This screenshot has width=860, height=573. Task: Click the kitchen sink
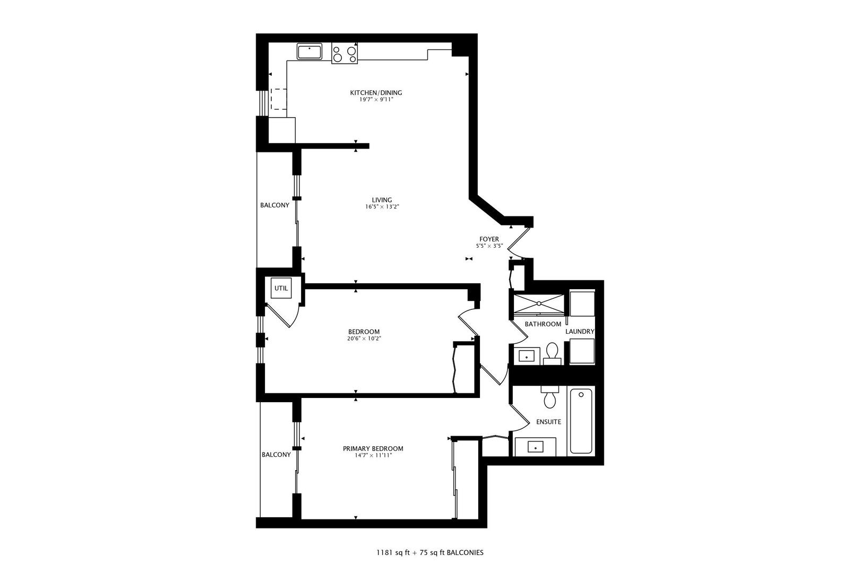[x=309, y=52]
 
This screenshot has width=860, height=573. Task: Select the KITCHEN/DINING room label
[x=376, y=93]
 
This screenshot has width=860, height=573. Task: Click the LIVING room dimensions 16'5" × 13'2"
[x=382, y=207]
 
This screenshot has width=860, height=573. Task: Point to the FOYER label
[x=489, y=239]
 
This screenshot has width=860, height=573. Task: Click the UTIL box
[x=281, y=289]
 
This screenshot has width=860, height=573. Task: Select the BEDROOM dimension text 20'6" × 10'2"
[x=364, y=338]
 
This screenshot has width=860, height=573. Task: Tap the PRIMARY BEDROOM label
[x=373, y=449]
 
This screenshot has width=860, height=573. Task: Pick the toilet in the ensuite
[x=549, y=397]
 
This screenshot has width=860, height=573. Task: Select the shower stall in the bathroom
[x=538, y=303]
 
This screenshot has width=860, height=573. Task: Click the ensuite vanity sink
[x=535, y=447]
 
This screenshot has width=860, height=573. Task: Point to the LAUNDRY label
[x=580, y=332]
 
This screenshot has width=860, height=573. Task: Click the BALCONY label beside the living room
[x=274, y=205]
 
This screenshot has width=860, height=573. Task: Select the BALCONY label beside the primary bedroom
[x=276, y=455]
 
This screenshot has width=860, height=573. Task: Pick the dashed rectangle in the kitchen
[x=279, y=99]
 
